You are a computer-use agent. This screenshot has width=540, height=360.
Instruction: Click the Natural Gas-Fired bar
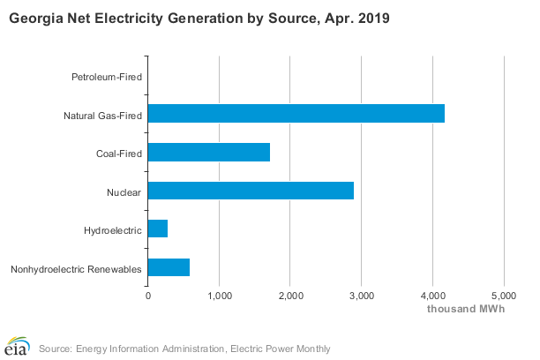(296, 113)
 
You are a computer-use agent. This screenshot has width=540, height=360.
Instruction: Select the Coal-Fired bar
(209, 152)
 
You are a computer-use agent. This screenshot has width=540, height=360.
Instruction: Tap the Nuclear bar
(251, 191)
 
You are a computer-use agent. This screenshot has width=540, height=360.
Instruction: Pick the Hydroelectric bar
(158, 229)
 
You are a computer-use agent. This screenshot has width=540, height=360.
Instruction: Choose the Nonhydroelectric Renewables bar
(169, 267)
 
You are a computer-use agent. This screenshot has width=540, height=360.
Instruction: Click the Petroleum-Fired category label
(107, 77)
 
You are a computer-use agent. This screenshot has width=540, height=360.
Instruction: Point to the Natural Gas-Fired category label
(102, 116)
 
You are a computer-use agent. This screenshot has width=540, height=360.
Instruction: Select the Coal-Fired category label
(119, 154)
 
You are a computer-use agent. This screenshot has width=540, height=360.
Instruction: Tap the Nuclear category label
(124, 192)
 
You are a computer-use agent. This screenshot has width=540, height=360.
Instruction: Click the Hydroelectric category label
(113, 230)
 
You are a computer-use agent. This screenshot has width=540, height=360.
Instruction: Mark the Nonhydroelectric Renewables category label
(76, 269)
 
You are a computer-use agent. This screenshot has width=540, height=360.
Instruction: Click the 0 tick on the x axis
(148, 296)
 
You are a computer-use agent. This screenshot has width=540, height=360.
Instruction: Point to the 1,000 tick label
(220, 296)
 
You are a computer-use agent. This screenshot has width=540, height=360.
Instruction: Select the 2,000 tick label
(290, 296)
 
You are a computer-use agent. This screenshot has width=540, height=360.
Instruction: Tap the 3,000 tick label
(362, 296)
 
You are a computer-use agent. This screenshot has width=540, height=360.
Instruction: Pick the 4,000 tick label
(433, 296)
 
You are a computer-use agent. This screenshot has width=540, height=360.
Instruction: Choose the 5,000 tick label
(504, 296)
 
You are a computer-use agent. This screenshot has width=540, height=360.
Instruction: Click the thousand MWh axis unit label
(466, 309)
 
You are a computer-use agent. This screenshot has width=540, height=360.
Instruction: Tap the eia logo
(17, 346)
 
